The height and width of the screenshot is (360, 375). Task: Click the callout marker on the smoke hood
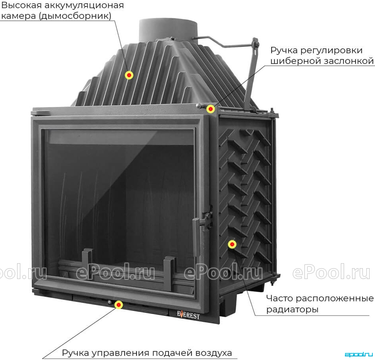(129, 75)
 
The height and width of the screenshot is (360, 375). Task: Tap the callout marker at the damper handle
(211, 109)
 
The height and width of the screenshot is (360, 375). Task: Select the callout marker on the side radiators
(232, 244)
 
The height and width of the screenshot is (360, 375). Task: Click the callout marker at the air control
(119, 305)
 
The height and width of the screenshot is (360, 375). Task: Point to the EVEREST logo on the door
(188, 315)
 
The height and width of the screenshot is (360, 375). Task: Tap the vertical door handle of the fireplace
(196, 237)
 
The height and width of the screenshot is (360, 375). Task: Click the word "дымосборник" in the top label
(76, 16)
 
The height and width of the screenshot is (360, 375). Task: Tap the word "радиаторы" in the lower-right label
(292, 310)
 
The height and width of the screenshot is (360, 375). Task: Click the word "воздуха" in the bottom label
(214, 353)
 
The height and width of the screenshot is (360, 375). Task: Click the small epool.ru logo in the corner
(359, 354)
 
